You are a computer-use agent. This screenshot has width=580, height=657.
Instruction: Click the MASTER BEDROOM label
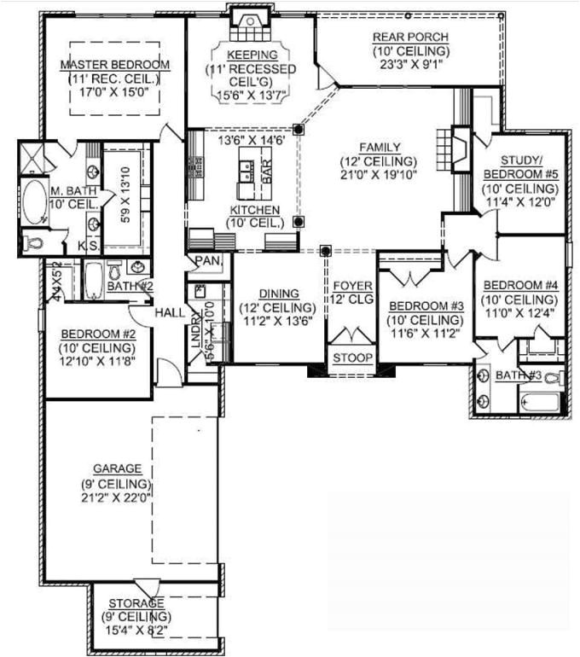[x=115, y=65]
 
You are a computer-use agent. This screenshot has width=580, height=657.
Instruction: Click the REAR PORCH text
[x=405, y=37]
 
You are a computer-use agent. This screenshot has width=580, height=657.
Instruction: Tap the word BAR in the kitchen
[x=266, y=172]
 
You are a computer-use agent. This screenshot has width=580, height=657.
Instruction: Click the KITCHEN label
[x=253, y=209]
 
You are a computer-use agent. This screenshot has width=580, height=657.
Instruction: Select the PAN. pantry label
[x=207, y=260]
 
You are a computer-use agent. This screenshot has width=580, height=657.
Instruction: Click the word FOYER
[x=350, y=284]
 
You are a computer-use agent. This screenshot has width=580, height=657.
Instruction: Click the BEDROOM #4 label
[x=520, y=285]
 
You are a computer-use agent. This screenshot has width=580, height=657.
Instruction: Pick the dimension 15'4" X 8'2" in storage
[x=136, y=629]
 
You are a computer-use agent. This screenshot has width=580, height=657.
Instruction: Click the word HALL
[x=170, y=313]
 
